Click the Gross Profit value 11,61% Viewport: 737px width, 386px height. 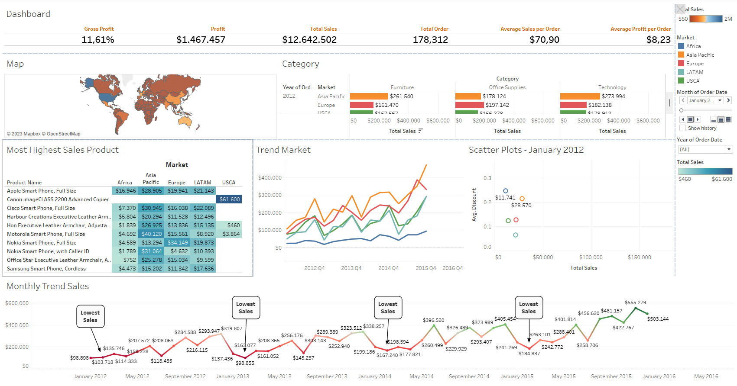coord(98,40)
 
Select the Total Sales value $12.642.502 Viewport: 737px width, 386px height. coord(309,40)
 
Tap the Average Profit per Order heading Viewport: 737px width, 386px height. coord(640,29)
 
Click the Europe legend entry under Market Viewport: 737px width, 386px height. coord(695,64)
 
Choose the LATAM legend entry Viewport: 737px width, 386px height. coord(695,72)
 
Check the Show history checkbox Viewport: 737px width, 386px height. coord(683,128)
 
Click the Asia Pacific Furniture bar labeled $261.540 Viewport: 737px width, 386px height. coord(369,96)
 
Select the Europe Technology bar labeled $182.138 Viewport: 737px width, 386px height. coord(573,105)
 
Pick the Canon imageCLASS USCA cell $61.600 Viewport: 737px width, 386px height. coord(229,199)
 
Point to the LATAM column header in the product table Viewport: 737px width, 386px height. coord(202,183)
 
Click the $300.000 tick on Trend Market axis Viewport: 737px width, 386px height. coord(269,195)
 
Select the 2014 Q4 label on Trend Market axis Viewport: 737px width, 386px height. coord(388,268)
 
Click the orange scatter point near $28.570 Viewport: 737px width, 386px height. coord(522,199)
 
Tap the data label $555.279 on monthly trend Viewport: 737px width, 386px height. coord(635,302)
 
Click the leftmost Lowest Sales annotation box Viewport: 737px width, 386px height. coord(90,316)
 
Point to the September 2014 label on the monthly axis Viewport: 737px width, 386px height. coord(469,376)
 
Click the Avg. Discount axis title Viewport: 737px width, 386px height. coord(474,205)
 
